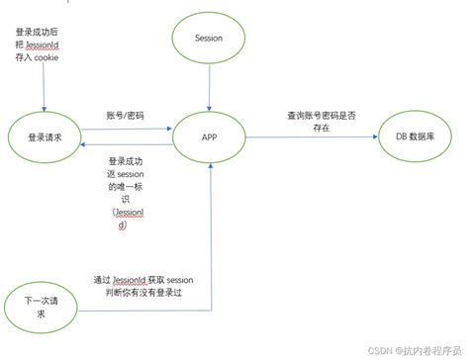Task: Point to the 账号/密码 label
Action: [x=125, y=115]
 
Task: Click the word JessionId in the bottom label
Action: [x=130, y=279]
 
